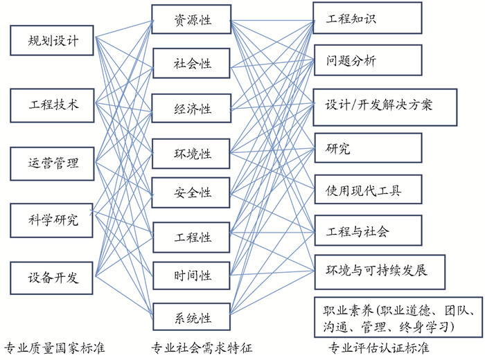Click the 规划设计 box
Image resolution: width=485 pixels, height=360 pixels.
[x=52, y=41]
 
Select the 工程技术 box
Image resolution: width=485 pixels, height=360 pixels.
[x=52, y=105]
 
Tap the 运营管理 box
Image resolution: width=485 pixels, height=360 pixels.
[x=52, y=163]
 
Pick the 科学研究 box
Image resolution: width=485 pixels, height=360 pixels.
[x=52, y=221]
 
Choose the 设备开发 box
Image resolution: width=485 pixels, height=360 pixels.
[x=52, y=278]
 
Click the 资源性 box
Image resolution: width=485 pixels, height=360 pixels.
[x=192, y=21]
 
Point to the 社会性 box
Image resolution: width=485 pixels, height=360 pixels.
[x=192, y=64]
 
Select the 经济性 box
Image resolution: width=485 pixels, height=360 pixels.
[x=192, y=109]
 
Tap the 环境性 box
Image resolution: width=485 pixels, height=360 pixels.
[x=192, y=153]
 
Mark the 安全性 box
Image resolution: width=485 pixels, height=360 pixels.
[x=192, y=192]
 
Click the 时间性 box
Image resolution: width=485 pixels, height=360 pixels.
[x=192, y=277]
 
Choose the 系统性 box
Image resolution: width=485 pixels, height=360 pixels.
[x=192, y=318]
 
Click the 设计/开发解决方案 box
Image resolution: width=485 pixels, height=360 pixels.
[x=385, y=106]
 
